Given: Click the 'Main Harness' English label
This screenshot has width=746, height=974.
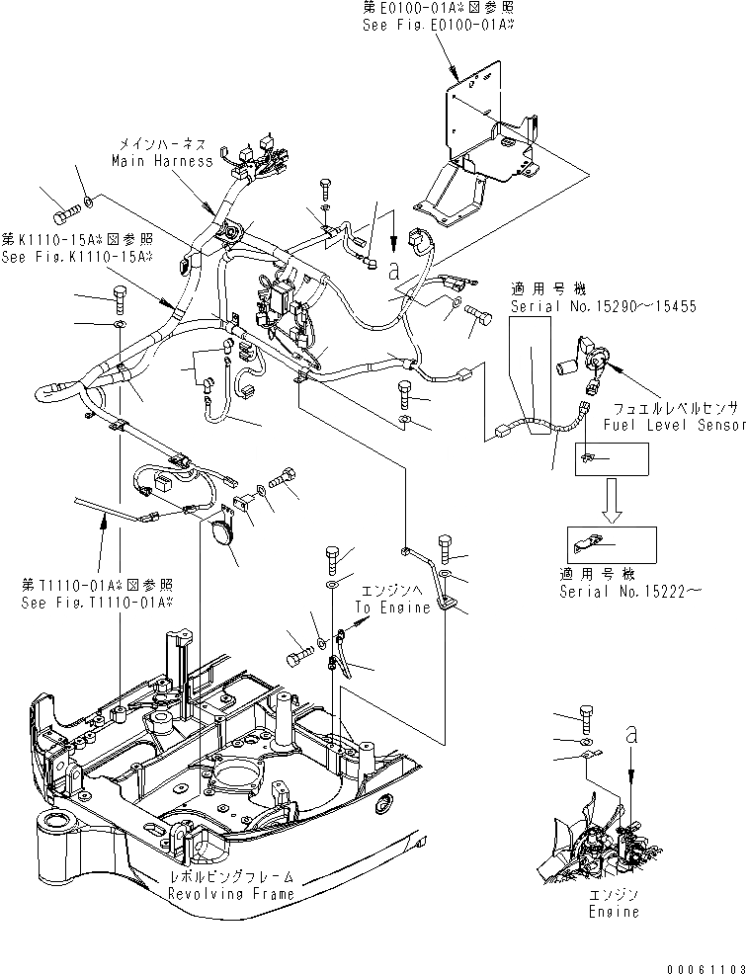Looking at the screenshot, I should point(161,160).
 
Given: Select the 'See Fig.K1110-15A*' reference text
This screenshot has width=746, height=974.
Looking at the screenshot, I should point(77,257).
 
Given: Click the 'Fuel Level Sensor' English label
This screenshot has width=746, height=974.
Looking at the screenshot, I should point(673,425).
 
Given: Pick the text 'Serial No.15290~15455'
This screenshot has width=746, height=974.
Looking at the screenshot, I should point(603,307).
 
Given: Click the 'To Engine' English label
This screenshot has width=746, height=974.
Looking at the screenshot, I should point(392,608).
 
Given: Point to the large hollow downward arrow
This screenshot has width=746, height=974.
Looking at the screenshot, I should point(613,500).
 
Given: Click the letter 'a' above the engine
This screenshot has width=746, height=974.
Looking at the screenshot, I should point(629,734).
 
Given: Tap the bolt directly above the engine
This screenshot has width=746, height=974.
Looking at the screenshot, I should point(587,718).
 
